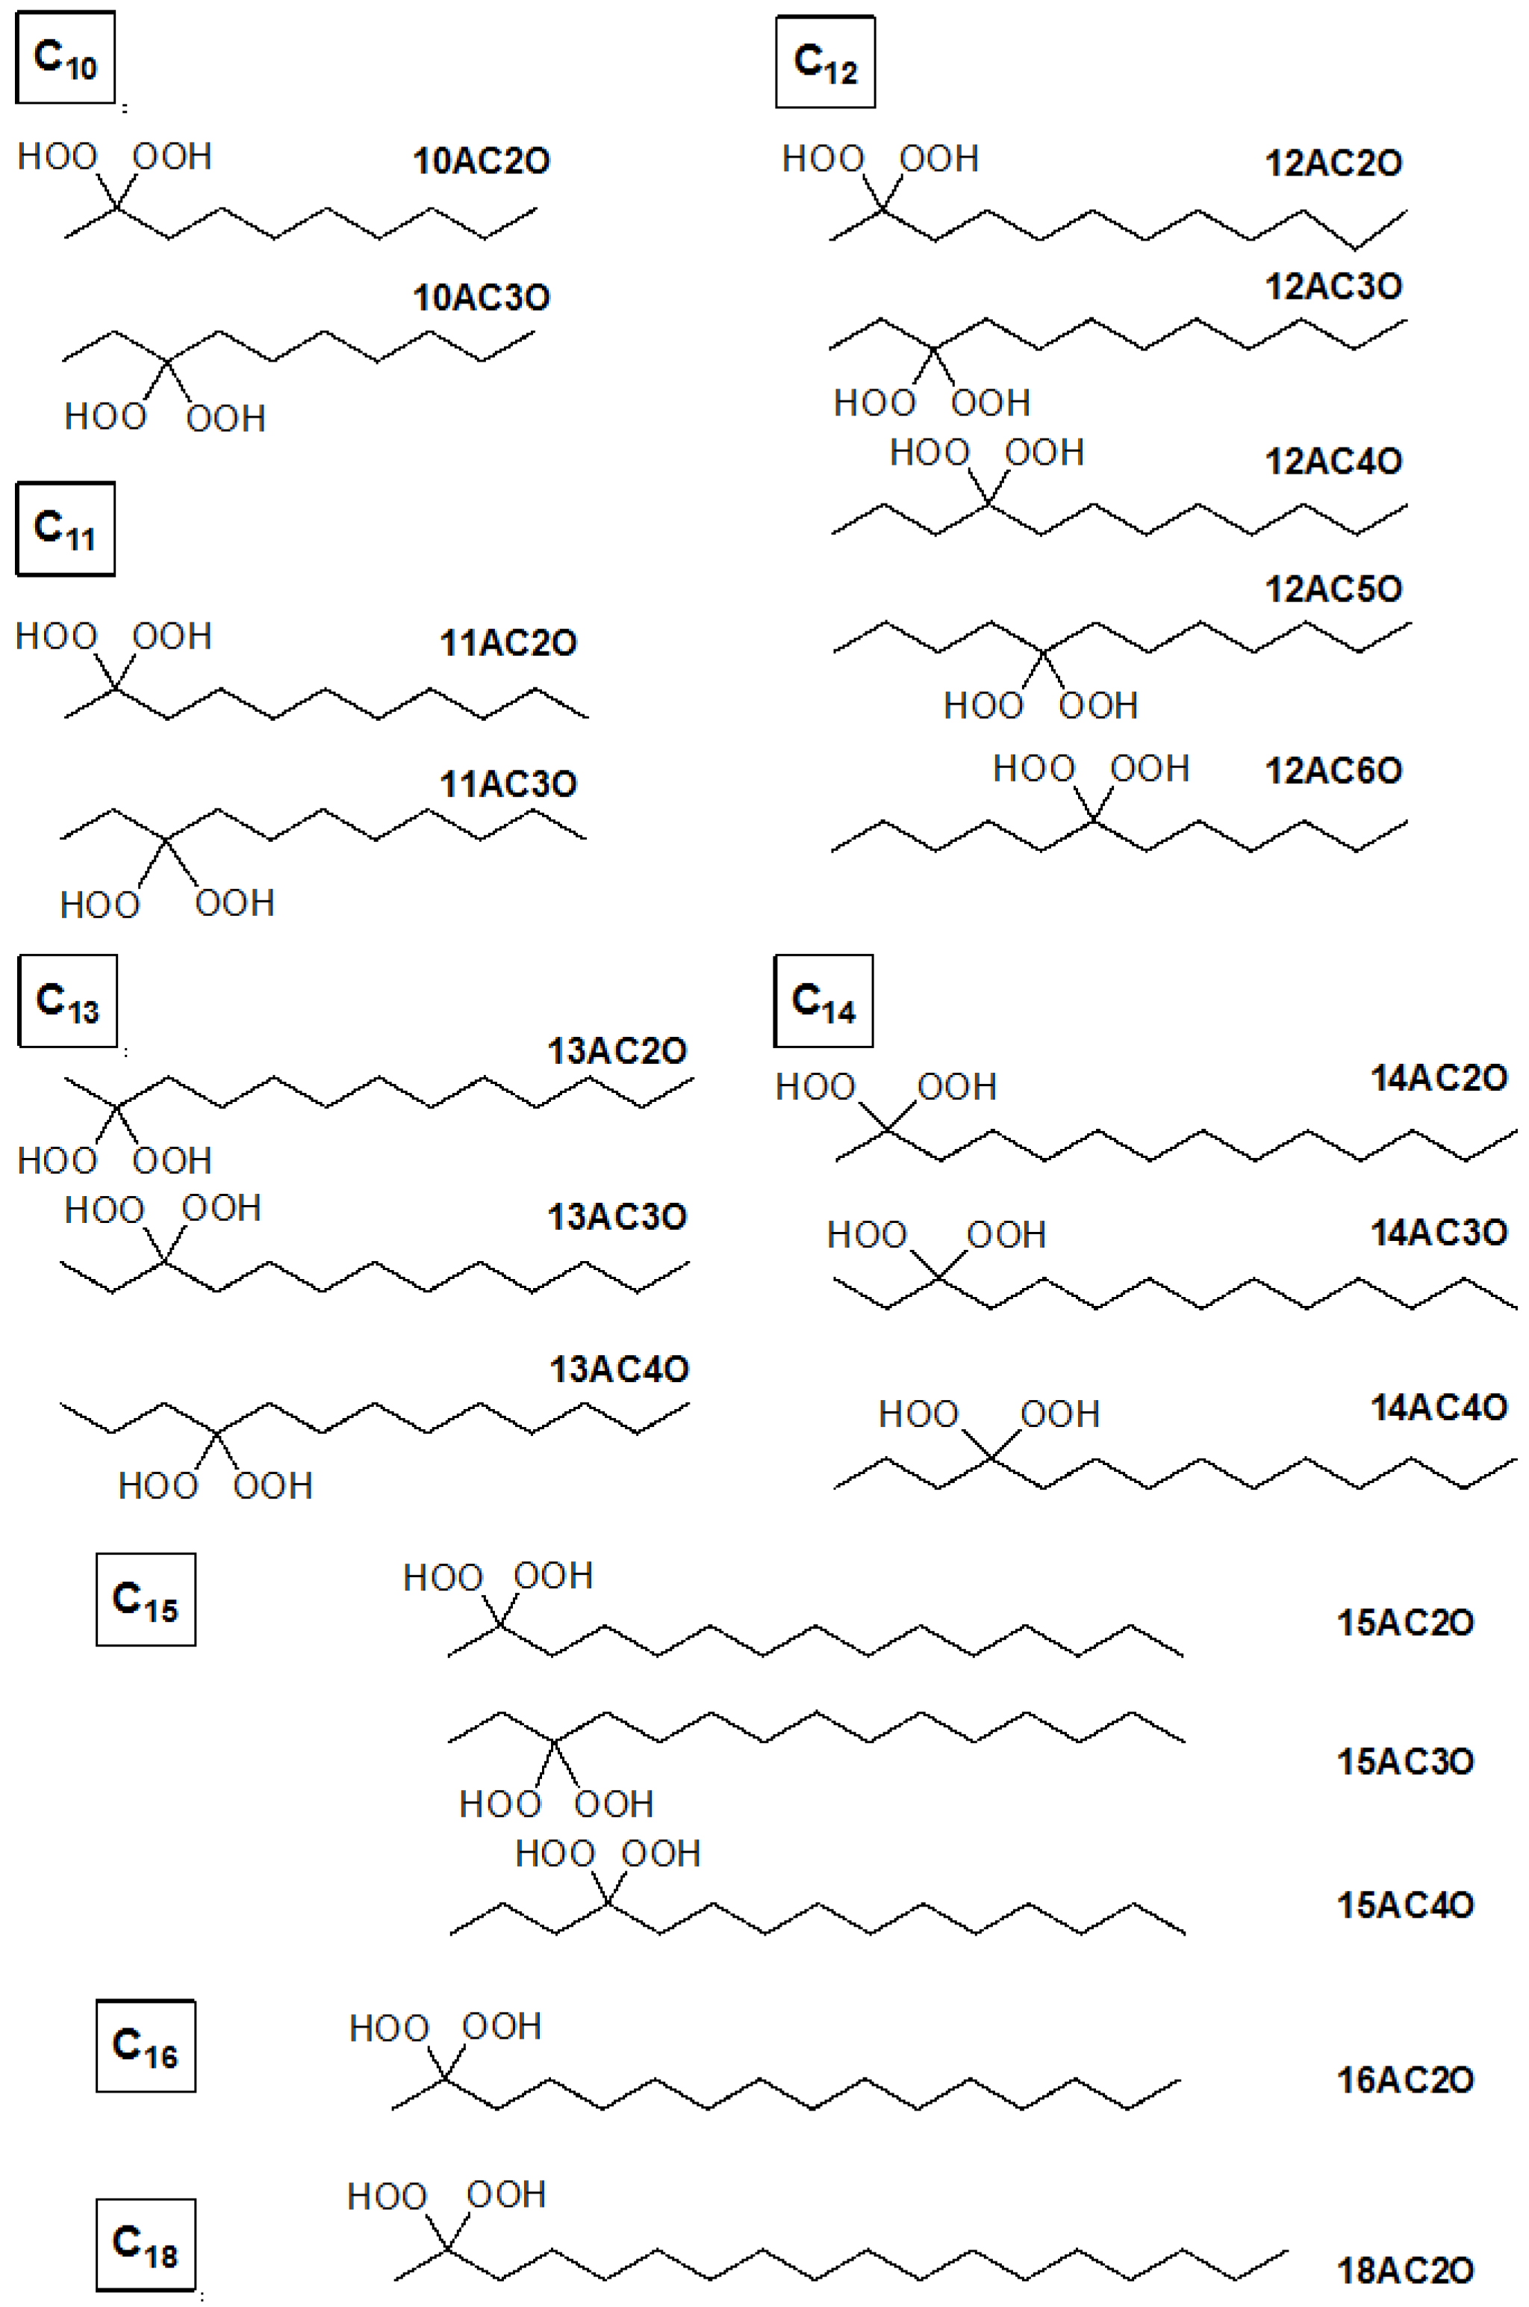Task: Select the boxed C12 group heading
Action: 825,61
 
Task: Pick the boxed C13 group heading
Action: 67,1001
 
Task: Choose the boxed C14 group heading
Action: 823,1001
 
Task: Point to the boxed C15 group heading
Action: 146,1600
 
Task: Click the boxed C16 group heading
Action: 146,2046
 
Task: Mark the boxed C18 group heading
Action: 146,2243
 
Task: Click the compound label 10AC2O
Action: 481,161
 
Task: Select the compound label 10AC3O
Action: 481,297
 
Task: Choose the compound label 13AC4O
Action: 619,1369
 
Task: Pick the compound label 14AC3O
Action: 1439,1233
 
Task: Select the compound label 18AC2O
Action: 1404,2271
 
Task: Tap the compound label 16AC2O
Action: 1404,2081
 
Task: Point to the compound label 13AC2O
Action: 616,1050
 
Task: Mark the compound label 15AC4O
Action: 1404,1905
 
